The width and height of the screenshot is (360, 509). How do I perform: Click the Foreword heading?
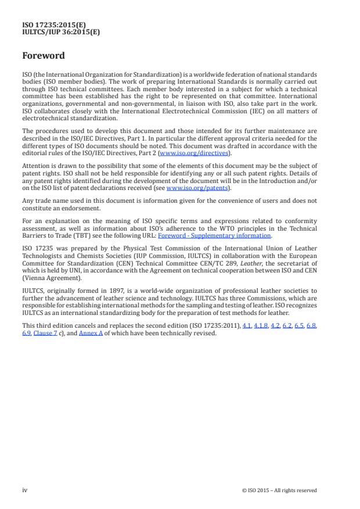click(43, 56)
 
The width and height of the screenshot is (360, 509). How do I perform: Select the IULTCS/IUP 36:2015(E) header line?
click(60, 33)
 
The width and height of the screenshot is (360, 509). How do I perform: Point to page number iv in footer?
click(24, 490)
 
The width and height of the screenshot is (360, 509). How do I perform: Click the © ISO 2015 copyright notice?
click(279, 490)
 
